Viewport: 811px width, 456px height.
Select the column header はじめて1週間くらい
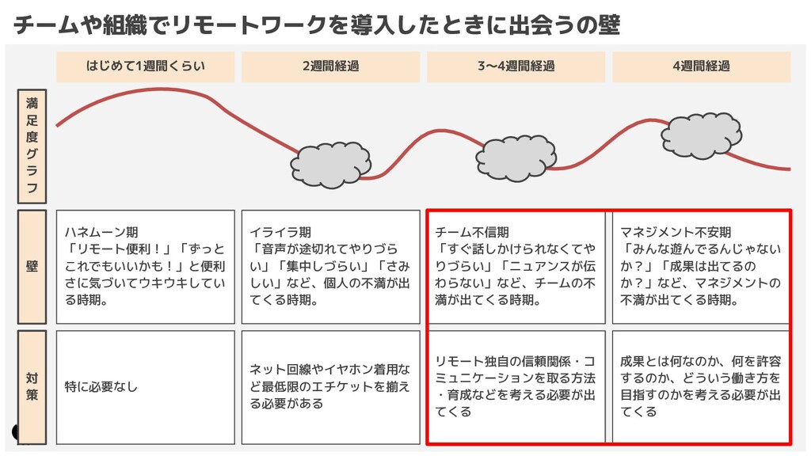click(145, 66)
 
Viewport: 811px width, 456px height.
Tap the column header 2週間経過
click(330, 66)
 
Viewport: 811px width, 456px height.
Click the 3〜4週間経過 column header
click(516, 66)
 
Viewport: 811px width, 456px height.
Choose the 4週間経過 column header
click(701, 66)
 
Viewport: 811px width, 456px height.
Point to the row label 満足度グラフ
click(32, 146)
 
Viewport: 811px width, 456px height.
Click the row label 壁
click(32, 267)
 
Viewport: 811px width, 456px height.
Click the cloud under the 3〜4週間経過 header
click(515, 161)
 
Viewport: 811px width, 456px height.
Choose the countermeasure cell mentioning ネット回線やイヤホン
click(330, 386)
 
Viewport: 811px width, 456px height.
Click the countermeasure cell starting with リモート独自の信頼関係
click(516, 386)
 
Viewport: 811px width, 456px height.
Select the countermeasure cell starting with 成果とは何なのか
click(701, 386)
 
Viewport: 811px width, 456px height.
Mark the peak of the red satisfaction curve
click(147, 89)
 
